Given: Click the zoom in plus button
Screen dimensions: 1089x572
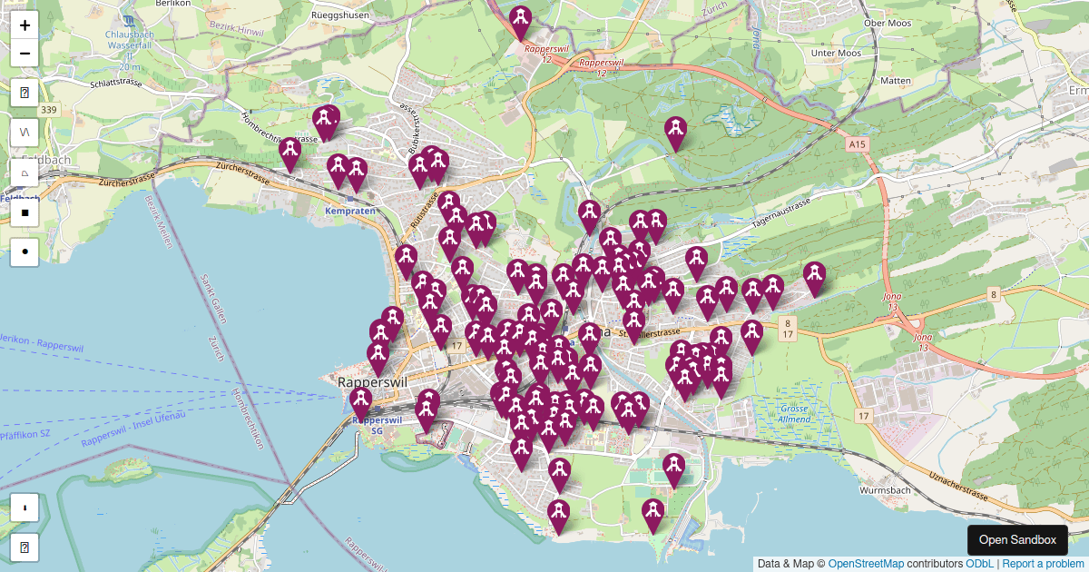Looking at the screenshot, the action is [x=25, y=25].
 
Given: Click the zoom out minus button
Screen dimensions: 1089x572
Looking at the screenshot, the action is [x=25, y=54].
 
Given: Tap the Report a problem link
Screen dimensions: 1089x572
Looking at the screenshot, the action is [x=1043, y=564].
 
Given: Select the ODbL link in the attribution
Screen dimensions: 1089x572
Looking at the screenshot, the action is [x=979, y=564].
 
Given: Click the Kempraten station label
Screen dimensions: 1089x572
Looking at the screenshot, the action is [x=349, y=211].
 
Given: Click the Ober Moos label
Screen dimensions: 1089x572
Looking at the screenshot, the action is [x=887, y=24].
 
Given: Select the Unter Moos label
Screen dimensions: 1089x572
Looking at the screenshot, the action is [x=835, y=54].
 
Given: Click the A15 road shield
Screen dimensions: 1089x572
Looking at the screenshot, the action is [x=858, y=144].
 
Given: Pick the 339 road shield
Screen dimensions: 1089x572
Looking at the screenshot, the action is [x=49, y=110].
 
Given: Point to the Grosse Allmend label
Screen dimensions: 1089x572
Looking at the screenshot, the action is [x=794, y=414].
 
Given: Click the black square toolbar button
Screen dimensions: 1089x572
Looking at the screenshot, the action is [x=25, y=213].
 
